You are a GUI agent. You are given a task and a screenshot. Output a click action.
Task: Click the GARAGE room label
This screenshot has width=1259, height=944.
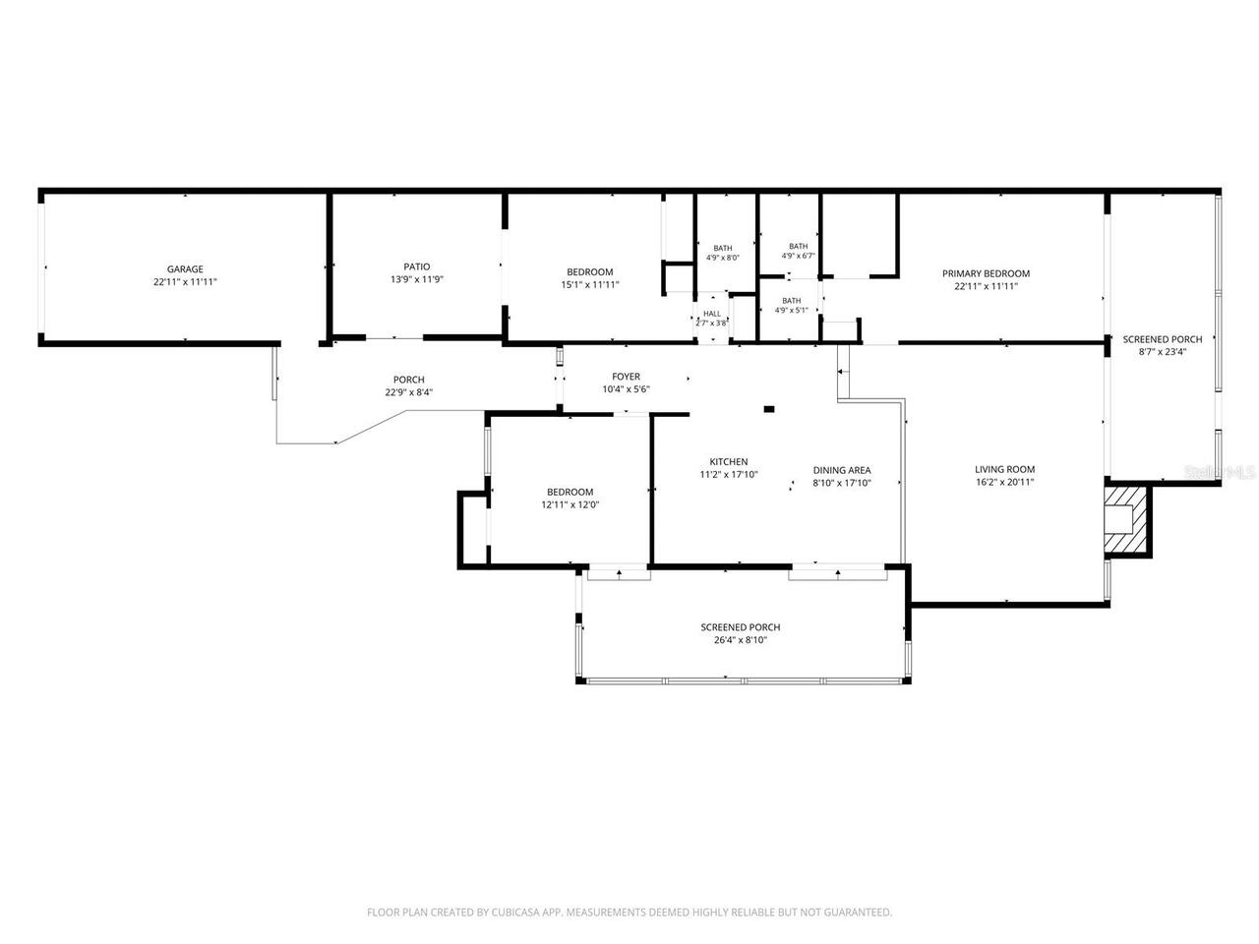[185, 268]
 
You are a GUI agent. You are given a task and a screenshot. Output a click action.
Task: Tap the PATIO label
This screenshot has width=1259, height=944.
[416, 266]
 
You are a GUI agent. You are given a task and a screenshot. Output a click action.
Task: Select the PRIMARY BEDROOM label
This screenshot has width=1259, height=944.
[986, 273]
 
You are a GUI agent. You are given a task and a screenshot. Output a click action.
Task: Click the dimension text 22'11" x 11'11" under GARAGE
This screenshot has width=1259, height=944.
[185, 282]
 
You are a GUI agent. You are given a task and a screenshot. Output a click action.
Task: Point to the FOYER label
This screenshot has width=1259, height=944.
[626, 377]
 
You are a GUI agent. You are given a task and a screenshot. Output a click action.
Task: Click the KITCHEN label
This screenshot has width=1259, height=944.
[729, 461]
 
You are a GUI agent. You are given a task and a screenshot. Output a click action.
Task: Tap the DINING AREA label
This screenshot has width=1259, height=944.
[841, 470]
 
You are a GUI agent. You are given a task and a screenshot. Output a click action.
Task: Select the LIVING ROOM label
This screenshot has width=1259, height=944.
[1004, 469]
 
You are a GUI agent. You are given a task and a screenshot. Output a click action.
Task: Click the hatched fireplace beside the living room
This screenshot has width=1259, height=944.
[1127, 521]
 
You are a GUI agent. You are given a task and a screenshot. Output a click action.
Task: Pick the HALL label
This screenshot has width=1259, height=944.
[712, 314]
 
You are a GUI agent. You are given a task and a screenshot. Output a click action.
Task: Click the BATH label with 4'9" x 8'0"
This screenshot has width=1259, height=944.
[723, 248]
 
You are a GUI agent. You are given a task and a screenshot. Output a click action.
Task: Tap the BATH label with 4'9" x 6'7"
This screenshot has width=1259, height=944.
[798, 247]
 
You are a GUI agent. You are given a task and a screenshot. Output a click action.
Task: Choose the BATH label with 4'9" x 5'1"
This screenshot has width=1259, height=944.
[791, 301]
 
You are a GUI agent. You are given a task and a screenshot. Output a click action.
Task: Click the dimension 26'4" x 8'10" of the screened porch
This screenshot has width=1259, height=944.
[740, 640]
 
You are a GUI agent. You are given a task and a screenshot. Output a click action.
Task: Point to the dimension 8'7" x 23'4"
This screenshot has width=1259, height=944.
[1162, 352]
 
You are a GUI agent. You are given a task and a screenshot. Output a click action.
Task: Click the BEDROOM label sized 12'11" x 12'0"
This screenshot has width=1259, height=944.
[570, 492]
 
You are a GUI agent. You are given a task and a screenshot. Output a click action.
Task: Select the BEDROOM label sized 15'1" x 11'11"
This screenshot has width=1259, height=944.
[589, 271]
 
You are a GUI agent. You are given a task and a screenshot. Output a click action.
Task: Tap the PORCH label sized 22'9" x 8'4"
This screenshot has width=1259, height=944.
[408, 380]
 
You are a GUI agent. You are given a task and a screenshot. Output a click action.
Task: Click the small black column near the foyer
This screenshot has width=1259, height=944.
[769, 409]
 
